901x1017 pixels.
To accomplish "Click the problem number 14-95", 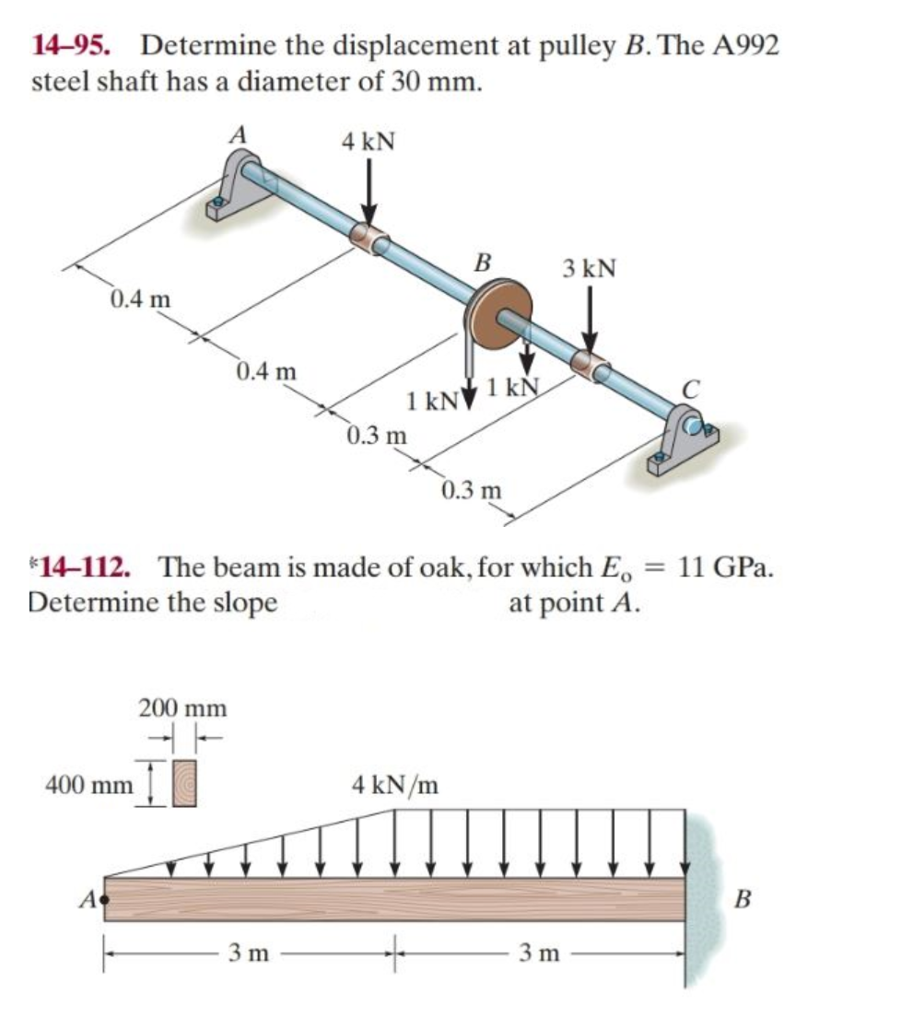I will click(x=78, y=44).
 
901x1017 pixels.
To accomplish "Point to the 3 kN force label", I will click(x=589, y=268).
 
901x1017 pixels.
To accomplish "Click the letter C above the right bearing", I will click(x=690, y=391).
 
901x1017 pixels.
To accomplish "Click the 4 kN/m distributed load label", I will click(x=395, y=785).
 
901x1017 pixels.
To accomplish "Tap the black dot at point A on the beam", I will click(x=105, y=896).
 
